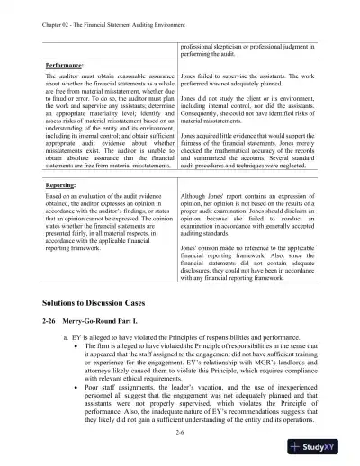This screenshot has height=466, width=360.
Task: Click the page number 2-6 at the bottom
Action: pos(181,432)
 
